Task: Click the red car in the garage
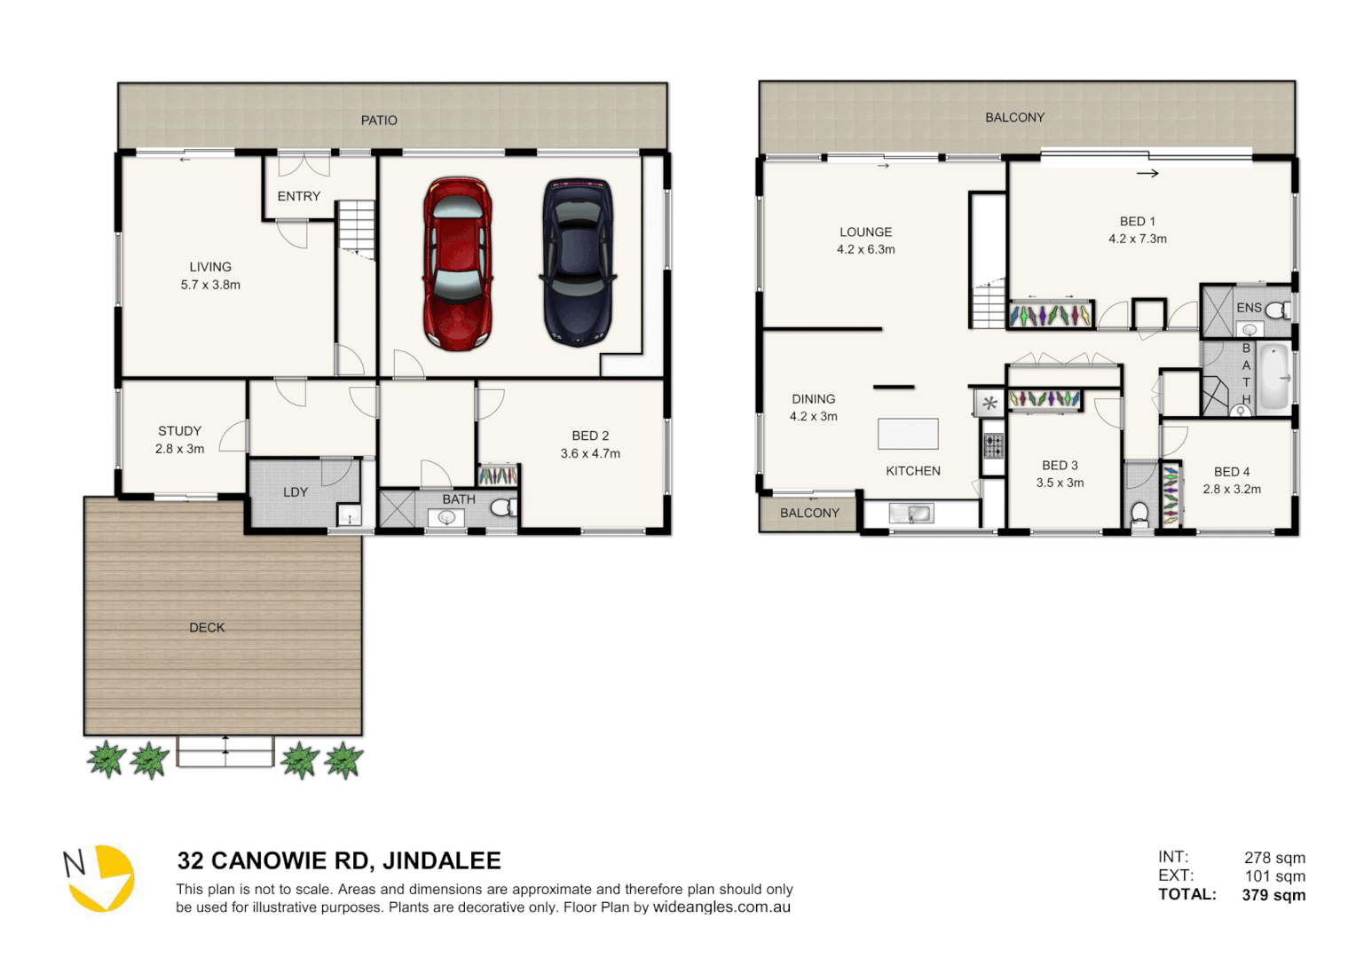(x=457, y=263)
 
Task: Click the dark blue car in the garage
(x=578, y=262)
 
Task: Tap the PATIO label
(x=379, y=121)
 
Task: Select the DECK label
(x=207, y=627)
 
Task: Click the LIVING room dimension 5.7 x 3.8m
(x=210, y=285)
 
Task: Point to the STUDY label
(x=179, y=431)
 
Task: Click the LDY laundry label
(x=296, y=492)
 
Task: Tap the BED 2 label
(x=590, y=436)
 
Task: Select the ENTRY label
(x=298, y=196)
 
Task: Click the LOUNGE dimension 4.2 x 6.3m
(x=865, y=249)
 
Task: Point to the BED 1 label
(x=1137, y=222)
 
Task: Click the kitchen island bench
(x=908, y=434)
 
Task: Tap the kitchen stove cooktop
(x=993, y=445)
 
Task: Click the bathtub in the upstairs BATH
(x=1274, y=377)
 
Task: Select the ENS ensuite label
(x=1249, y=308)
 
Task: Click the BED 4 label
(x=1232, y=472)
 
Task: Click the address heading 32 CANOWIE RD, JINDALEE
(x=339, y=860)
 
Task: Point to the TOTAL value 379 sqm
(x=1273, y=895)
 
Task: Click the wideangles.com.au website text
(x=721, y=907)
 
